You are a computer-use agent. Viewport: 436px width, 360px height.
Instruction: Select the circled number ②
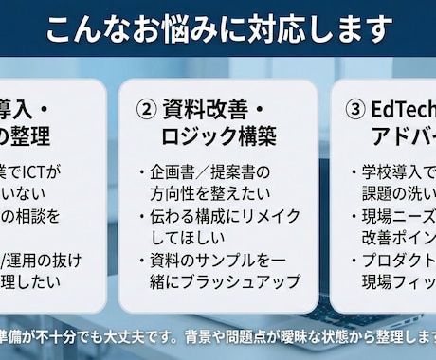click(146, 108)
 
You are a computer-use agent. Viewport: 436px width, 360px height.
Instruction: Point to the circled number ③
click(354, 108)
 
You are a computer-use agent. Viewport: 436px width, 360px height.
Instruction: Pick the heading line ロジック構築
click(218, 136)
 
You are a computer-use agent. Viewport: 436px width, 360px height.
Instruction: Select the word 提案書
click(231, 173)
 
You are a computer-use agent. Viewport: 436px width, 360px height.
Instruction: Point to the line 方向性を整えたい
click(203, 194)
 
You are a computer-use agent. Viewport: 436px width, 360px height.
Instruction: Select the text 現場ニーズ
click(398, 216)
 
